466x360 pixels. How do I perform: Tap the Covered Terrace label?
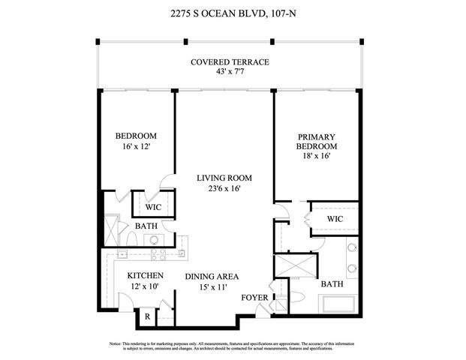[230, 62]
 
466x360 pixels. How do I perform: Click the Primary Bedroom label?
[317, 142]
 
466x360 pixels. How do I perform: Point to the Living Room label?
[224, 178]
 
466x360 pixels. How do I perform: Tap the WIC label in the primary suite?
[335, 217]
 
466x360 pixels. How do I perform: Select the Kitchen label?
[145, 276]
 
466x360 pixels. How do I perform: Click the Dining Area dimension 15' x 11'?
[212, 286]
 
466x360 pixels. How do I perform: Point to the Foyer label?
[253, 298]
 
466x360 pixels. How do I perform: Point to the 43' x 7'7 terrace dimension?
[230, 72]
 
